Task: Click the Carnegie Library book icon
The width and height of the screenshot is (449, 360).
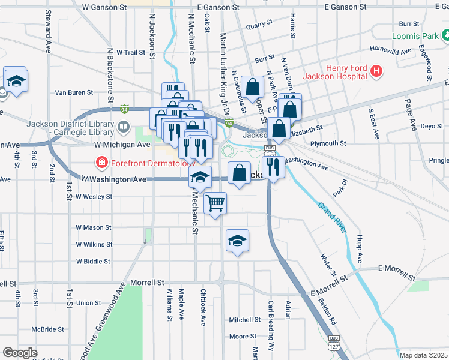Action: point(124,127)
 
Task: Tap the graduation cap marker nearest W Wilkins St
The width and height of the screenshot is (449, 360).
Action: point(238,241)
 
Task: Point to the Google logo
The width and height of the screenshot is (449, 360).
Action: point(20,352)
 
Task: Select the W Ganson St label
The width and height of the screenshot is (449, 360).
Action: point(103,7)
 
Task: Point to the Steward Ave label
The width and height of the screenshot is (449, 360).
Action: point(47,30)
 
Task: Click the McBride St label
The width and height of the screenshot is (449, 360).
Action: point(47,329)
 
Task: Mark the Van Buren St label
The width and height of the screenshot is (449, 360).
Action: point(74,93)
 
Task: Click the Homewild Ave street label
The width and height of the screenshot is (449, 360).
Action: point(391,50)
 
